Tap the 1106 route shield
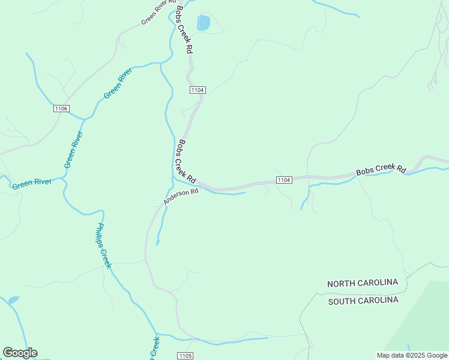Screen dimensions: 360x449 click(61, 109)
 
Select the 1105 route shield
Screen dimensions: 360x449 click(185, 356)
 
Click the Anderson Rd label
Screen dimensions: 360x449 click(181, 197)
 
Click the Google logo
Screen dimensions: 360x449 click(20, 353)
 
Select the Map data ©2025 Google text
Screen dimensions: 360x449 click(412, 355)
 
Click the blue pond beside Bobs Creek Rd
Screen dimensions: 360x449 click(203, 23)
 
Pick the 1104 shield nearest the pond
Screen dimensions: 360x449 click(197, 90)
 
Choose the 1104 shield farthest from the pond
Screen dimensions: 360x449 click(284, 180)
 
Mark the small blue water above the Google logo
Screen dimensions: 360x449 click(13, 300)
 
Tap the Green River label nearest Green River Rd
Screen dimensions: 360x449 click(118, 84)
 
